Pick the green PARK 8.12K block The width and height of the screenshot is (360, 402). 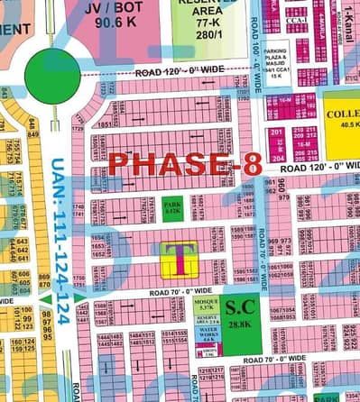pyautogui.click(x=172, y=208)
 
